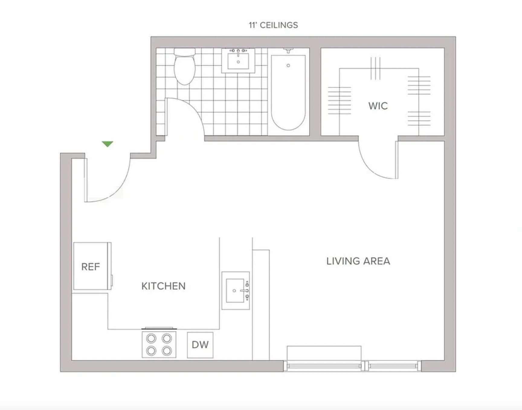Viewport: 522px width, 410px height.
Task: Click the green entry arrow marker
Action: point(107,144)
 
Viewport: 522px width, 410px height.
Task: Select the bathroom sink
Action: point(238,61)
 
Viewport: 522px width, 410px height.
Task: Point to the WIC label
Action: point(378,106)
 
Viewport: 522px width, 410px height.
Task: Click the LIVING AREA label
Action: point(358,261)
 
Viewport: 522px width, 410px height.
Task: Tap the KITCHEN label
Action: point(163,286)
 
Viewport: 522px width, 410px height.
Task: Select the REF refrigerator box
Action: point(91,266)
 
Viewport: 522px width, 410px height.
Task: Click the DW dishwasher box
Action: point(200,345)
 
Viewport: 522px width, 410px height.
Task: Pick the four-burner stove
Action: point(159,344)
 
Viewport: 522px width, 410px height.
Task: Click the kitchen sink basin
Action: point(235,290)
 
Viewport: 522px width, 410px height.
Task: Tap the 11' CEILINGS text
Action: point(273,25)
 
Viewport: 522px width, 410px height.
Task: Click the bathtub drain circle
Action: point(288,66)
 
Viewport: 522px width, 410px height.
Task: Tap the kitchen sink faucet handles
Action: point(247,291)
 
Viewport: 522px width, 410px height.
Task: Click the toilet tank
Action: point(185,52)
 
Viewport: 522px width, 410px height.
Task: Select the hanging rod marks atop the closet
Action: point(375,68)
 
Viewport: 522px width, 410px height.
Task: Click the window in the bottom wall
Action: point(352,366)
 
